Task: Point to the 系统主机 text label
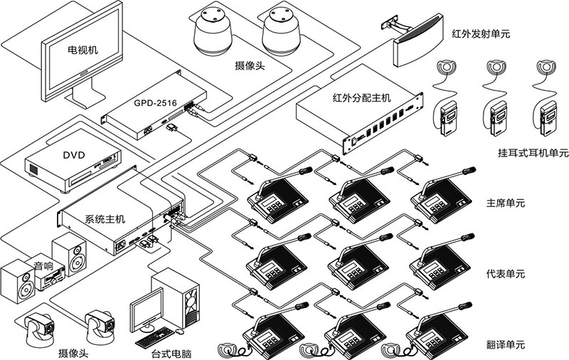pos(105,219)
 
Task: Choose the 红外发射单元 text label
pos(481,33)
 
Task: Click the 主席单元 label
pos(504,203)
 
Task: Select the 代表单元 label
pos(504,274)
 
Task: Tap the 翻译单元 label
pos(504,344)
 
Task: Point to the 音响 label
pos(43,265)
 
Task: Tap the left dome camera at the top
pos(213,32)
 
